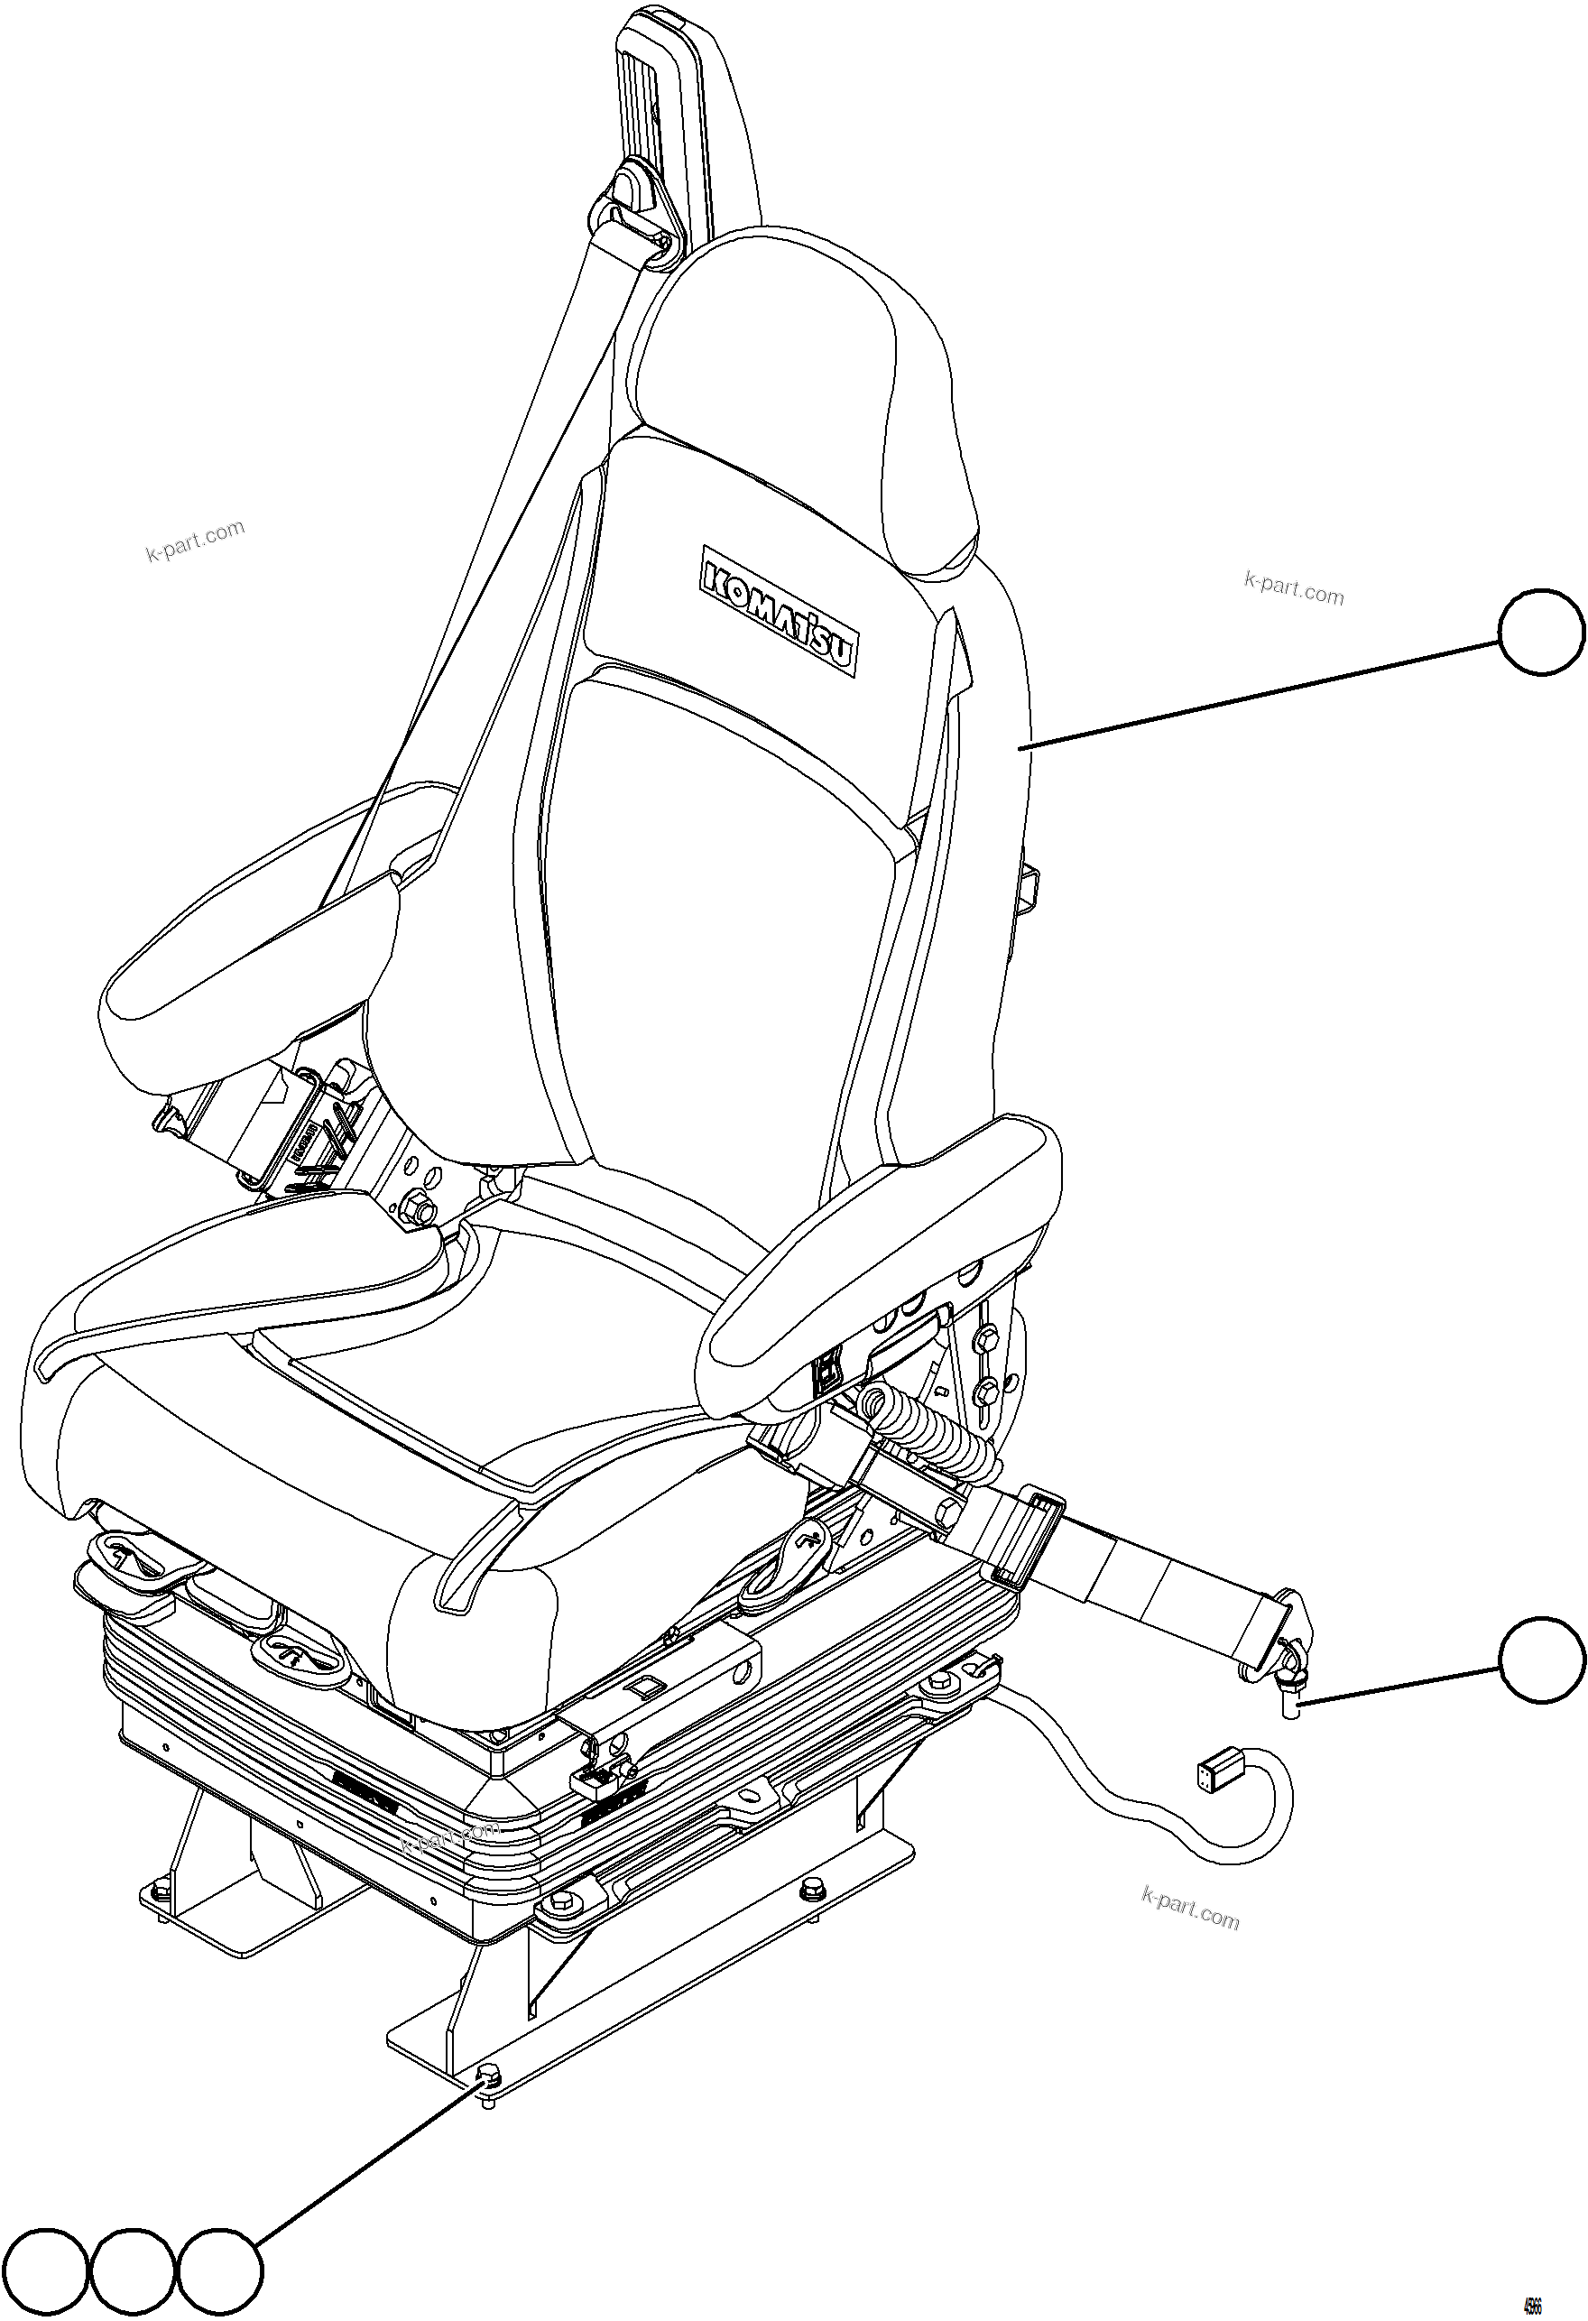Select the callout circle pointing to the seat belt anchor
(1541, 1660)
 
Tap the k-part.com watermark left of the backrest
(196, 541)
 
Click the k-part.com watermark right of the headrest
(1295, 589)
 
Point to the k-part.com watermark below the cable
(1188, 1909)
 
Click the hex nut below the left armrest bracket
(422, 1209)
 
